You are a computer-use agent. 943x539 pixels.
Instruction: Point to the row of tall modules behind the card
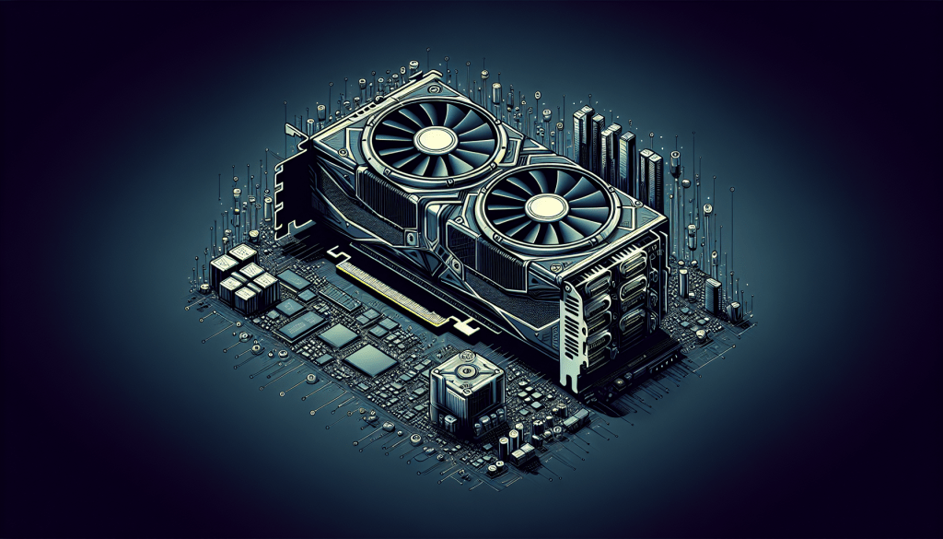pyautogui.click(x=617, y=152)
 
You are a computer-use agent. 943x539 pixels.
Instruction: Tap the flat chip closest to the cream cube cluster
pyautogui.click(x=294, y=280)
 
